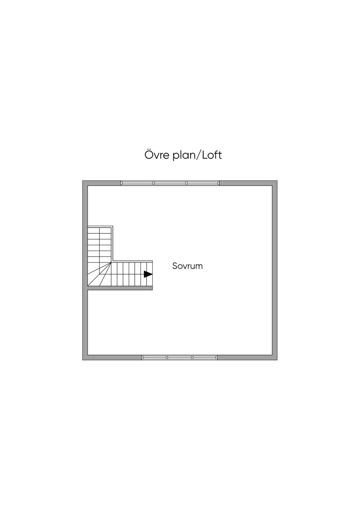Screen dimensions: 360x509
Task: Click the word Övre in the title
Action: pyautogui.click(x=157, y=155)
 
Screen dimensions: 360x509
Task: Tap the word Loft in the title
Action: pyautogui.click(x=212, y=155)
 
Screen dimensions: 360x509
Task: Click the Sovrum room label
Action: pyautogui.click(x=187, y=266)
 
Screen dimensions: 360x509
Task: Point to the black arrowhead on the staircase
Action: pyautogui.click(x=148, y=274)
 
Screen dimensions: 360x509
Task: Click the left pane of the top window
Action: pyautogui.click(x=137, y=183)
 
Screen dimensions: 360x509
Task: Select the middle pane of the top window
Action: pyautogui.click(x=170, y=183)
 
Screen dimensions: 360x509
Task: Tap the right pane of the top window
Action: pyautogui.click(x=203, y=183)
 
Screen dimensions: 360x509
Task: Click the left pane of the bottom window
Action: pyautogui.click(x=154, y=357)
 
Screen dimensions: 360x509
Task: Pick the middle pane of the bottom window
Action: pyautogui.click(x=180, y=357)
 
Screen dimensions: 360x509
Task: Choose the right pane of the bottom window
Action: pyautogui.click(x=205, y=357)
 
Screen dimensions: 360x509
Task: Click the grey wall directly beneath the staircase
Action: pyautogui.click(x=120, y=288)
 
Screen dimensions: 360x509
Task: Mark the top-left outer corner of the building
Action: pyautogui.click(x=83, y=181)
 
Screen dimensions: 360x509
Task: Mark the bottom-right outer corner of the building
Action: pyautogui.click(x=277, y=360)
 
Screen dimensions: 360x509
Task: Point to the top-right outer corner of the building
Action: pyautogui.click(x=277, y=181)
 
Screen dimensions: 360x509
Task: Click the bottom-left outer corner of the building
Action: pyautogui.click(x=83, y=360)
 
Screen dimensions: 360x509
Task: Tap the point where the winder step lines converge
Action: pyautogui.click(x=111, y=262)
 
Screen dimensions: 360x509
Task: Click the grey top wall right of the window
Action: pyautogui.click(x=246, y=183)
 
